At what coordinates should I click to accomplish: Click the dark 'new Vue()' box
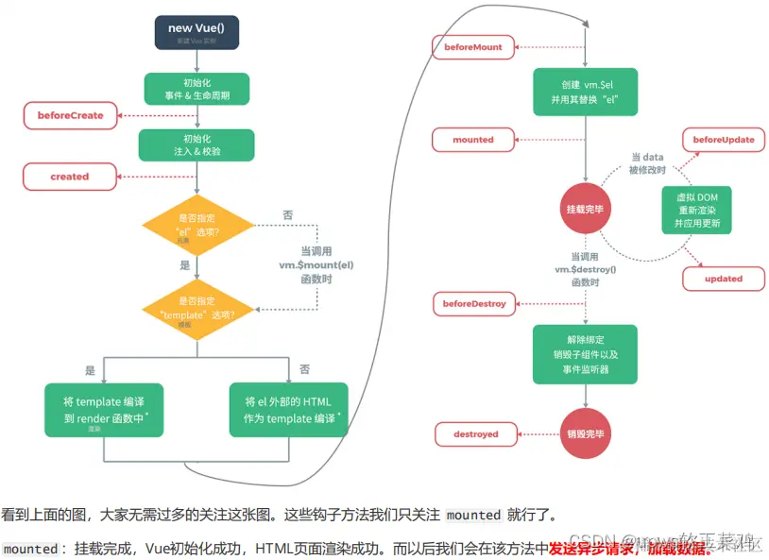pos(196,31)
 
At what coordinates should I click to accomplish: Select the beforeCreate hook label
pos(71,115)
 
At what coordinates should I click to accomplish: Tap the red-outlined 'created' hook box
pos(70,177)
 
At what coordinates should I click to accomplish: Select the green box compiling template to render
pos(104,410)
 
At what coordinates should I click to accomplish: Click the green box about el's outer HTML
pos(288,410)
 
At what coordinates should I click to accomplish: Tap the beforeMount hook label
pos(474,45)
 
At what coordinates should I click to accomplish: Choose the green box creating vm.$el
pos(584,92)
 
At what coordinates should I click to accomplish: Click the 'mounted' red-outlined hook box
pos(473,140)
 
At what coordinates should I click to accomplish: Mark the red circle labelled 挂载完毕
pos(585,209)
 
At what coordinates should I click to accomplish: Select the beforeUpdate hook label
pos(724,140)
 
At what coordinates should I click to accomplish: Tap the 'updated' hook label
pos(724,279)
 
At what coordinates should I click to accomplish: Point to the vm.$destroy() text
pos(586,269)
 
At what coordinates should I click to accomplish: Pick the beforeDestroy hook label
pos(474,304)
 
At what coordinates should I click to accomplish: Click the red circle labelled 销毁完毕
pos(585,434)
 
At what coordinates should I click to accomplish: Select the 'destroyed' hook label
pos(474,434)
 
